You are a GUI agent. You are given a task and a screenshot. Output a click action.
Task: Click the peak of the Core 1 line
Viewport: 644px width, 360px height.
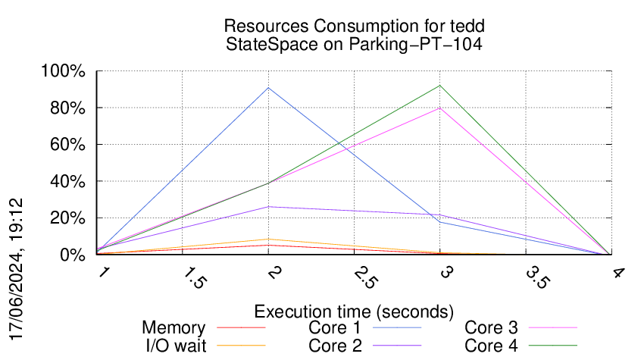[x=269, y=88]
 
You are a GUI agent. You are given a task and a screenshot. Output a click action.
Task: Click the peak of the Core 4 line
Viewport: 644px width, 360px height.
[x=439, y=85]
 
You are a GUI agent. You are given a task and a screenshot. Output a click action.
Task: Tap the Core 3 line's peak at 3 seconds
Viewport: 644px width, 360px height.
[x=439, y=108]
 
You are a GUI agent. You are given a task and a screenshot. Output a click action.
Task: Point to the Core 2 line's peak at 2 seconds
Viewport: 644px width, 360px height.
[x=269, y=207]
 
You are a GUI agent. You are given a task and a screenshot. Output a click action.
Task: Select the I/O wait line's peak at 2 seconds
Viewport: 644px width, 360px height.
[x=269, y=239]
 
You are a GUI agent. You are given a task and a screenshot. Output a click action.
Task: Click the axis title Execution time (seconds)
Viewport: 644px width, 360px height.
[x=354, y=311]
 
